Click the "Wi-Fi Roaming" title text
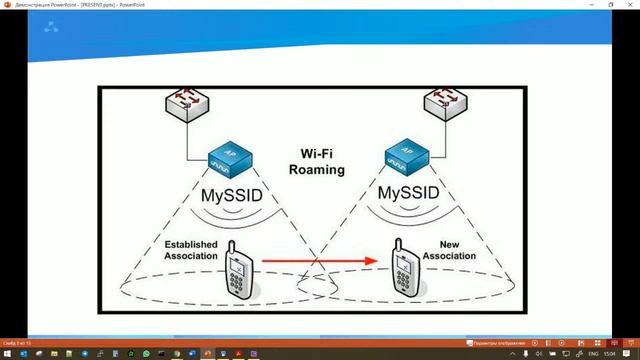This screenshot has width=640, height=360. tap(316, 162)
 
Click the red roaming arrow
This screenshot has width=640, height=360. tap(320, 261)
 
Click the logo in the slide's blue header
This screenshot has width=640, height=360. tap(50, 27)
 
